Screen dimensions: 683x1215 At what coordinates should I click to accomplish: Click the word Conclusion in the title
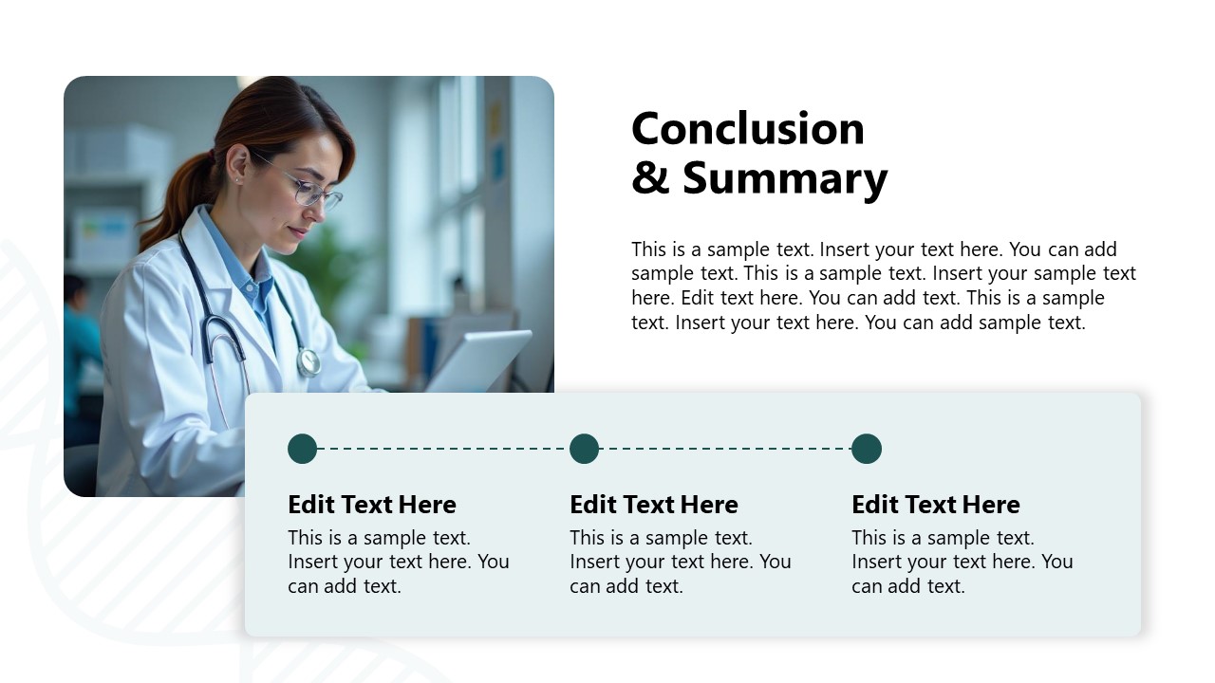click(x=748, y=129)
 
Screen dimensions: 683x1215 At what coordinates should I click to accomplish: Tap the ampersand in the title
click(x=650, y=178)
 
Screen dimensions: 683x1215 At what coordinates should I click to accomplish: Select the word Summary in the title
click(x=785, y=178)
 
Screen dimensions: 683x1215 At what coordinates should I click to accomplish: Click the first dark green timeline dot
click(x=302, y=449)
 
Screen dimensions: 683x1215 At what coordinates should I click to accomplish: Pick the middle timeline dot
click(x=584, y=449)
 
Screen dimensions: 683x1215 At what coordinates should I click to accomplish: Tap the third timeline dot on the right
click(x=866, y=449)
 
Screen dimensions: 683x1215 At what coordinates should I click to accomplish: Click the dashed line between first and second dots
click(x=442, y=449)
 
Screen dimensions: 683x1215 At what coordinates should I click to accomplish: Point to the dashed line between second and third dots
click(x=724, y=449)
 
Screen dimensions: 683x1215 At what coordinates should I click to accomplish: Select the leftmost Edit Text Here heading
click(x=371, y=504)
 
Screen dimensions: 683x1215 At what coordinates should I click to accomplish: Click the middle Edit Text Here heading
click(x=653, y=504)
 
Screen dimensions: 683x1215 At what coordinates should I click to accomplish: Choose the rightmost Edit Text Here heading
click(x=935, y=504)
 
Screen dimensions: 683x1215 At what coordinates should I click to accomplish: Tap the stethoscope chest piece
click(x=308, y=361)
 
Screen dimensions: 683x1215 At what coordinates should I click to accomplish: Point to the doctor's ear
click(x=238, y=166)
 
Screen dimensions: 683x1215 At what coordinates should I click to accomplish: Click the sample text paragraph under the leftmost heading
click(x=398, y=562)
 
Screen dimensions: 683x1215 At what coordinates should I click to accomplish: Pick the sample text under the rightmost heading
click(x=962, y=562)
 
